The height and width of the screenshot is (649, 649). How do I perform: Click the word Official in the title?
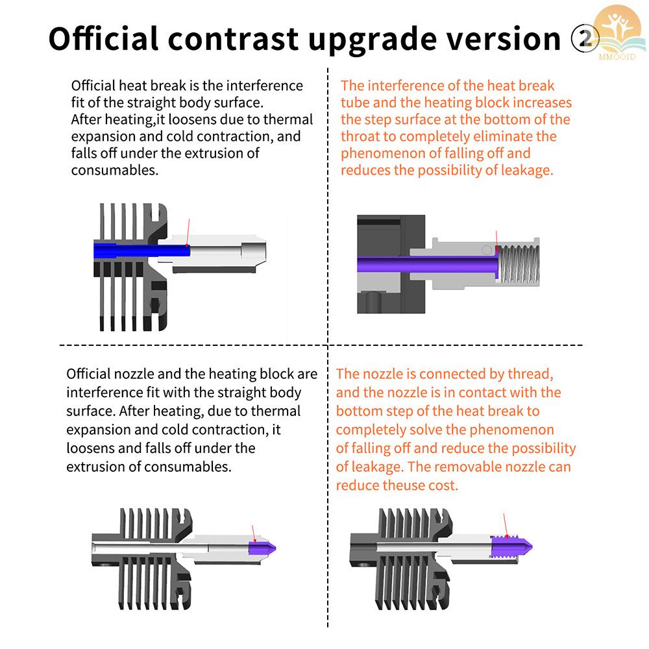point(104,39)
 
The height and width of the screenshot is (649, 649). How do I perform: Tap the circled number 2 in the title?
point(584,40)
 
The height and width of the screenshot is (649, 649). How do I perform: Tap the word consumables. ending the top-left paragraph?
point(114,171)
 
